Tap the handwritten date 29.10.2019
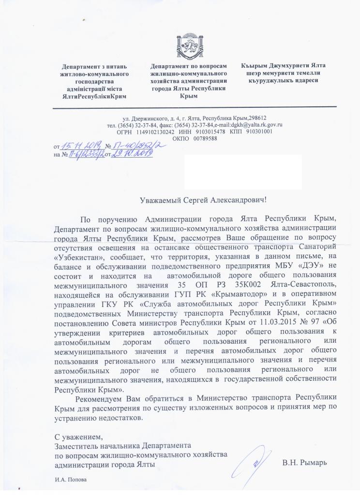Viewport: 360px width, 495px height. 132,154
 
